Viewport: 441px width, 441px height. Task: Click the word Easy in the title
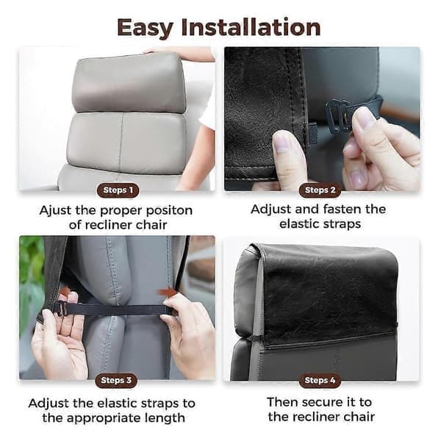tap(145, 28)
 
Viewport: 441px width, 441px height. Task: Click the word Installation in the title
tap(251, 27)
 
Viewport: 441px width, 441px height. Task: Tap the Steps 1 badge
tap(118, 190)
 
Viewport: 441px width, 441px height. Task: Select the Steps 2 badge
tap(320, 190)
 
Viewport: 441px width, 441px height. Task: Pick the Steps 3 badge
tap(116, 381)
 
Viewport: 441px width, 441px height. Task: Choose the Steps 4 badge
tap(320, 381)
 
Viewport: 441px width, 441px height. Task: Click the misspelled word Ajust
tap(55, 211)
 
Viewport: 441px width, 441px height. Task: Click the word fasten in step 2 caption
tap(342, 209)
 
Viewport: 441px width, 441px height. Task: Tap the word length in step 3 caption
tap(166, 418)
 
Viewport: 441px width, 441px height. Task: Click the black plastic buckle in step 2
tap(337, 115)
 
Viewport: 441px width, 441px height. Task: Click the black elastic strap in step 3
tap(112, 309)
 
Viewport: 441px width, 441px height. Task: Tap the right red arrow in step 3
tap(165, 292)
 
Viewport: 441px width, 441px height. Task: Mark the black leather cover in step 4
tap(329, 295)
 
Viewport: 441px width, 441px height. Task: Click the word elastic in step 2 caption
tap(301, 224)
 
